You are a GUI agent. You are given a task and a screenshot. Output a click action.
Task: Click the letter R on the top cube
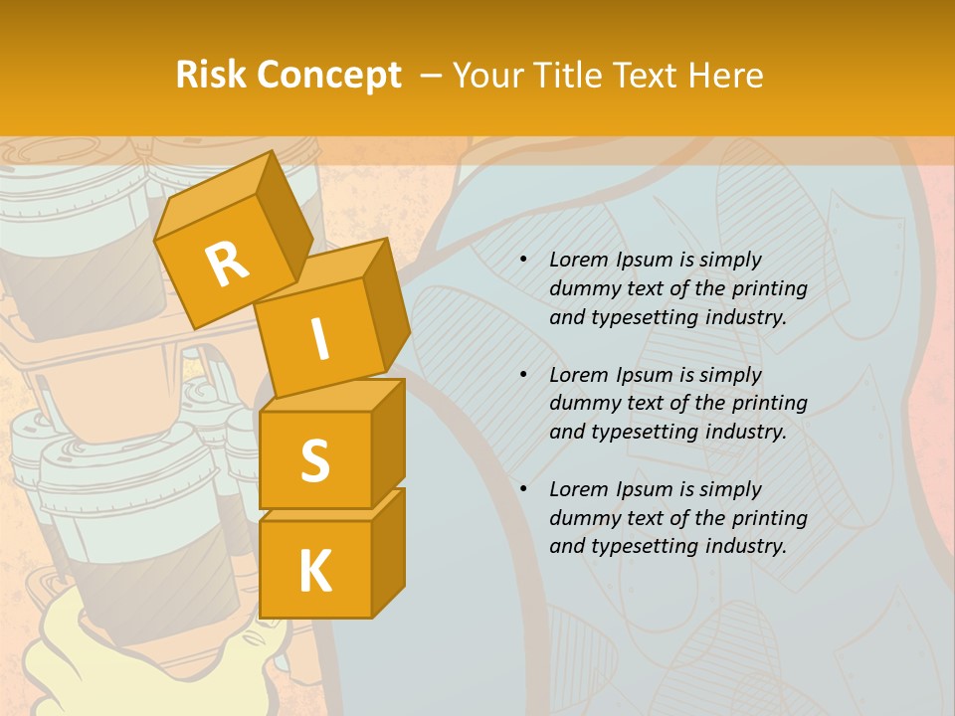click(x=227, y=265)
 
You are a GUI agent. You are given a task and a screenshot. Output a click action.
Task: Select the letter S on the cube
click(x=314, y=460)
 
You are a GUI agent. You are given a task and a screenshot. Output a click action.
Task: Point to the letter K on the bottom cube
click(x=314, y=572)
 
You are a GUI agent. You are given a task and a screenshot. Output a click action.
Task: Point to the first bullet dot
click(x=523, y=261)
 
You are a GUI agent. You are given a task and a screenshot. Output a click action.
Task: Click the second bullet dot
click(x=523, y=375)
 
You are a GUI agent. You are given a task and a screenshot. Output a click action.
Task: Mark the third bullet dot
click(x=523, y=489)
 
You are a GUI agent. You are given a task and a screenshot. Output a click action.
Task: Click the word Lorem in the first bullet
click(x=578, y=261)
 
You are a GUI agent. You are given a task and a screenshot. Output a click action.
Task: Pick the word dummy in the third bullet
click(x=581, y=518)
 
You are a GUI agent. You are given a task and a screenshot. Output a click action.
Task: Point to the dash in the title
click(x=432, y=76)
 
